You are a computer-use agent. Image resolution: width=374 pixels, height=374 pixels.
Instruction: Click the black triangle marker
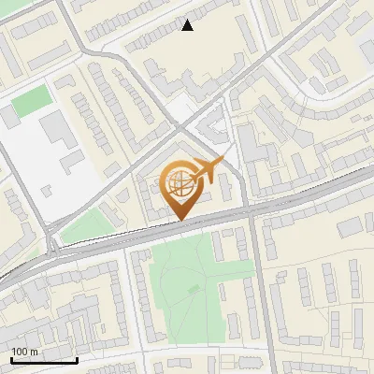coord(188,25)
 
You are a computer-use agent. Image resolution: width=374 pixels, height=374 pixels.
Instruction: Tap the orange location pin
coord(183,187)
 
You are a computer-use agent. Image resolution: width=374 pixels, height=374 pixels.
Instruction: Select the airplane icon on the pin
coord(207,170)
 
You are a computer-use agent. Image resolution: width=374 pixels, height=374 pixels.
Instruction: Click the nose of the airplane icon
coord(222,162)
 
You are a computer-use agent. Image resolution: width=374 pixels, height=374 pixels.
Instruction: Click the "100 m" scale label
coord(25,351)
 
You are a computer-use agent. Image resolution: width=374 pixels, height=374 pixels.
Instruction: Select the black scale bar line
coord(44,360)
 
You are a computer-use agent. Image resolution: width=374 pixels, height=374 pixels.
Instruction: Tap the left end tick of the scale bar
coord(11,358)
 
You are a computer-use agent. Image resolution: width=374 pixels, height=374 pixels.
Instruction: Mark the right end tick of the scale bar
coord(77,358)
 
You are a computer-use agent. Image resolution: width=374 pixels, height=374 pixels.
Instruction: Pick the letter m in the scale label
coord(35,351)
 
